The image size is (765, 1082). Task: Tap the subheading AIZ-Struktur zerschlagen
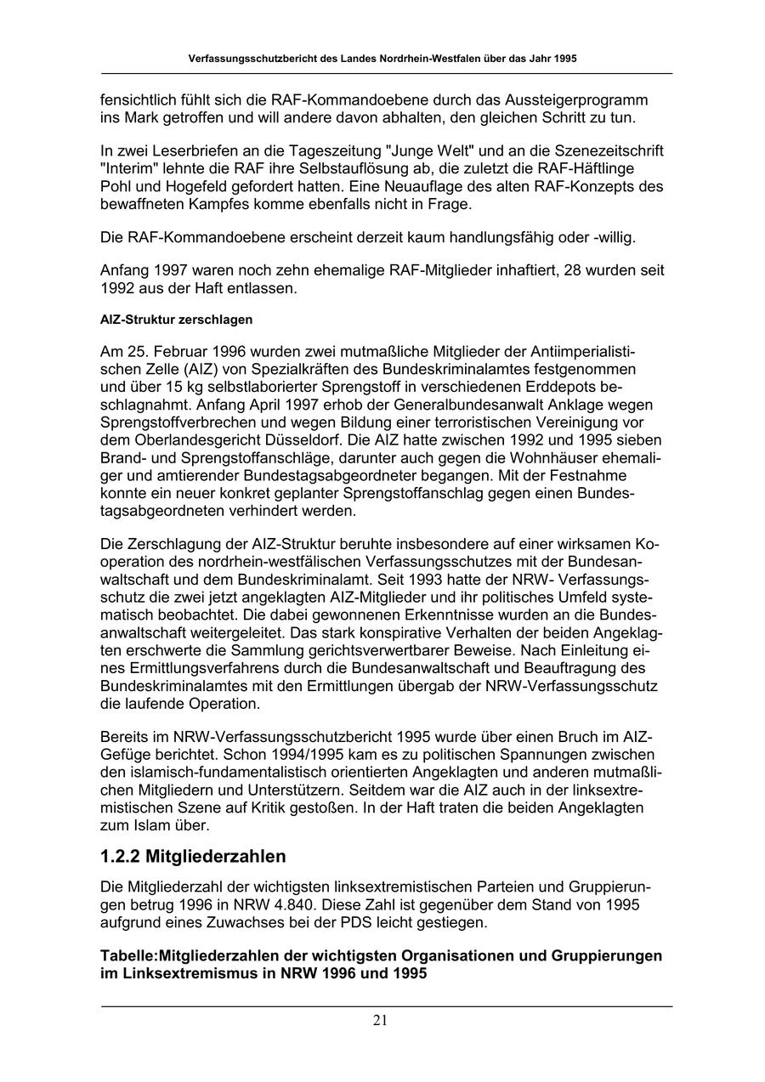point(176,320)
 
